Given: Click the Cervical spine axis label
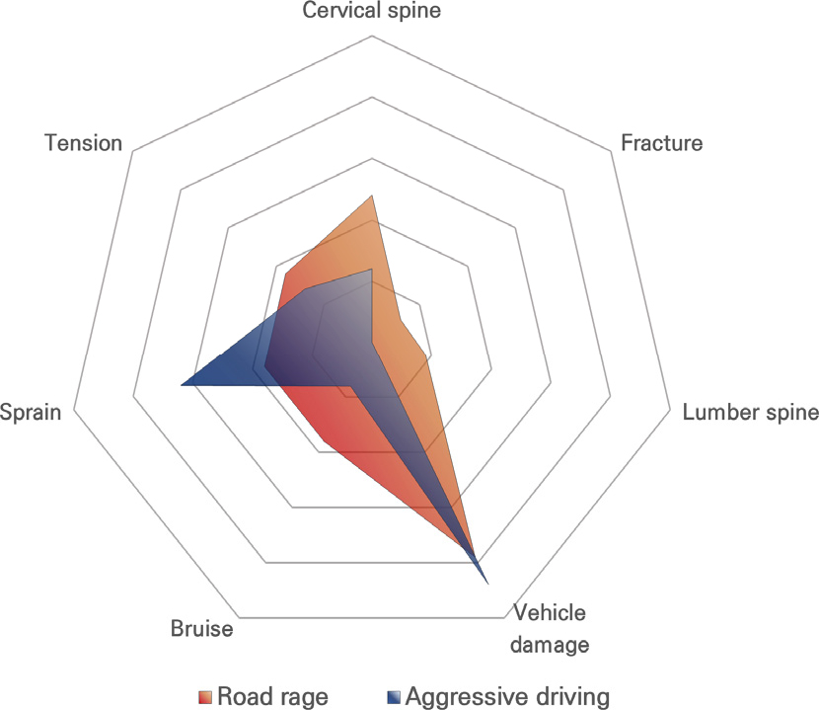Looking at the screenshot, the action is (371, 11).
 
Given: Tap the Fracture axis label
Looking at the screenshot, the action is (661, 143).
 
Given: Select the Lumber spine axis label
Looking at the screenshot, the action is (751, 412).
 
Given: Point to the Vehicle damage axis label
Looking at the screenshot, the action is (550, 628).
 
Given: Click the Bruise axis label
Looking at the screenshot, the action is (201, 628).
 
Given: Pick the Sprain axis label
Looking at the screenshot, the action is (31, 412).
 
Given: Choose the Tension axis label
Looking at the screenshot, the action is (84, 143).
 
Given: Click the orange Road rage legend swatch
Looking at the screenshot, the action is (205, 697).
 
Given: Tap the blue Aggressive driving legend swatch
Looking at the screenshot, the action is (394, 697).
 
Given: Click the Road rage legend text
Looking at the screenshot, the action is (272, 696).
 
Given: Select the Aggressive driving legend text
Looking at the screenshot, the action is (508, 696).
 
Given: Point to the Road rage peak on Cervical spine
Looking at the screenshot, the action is (371, 196).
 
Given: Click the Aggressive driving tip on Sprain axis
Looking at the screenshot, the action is (181, 385).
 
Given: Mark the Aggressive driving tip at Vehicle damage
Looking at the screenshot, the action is (487, 584).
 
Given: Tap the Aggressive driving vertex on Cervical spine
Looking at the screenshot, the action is (371, 269).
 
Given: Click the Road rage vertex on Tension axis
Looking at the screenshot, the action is (286, 274).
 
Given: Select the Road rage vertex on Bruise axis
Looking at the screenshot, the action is (325, 441).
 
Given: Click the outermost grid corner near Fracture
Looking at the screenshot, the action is (611, 152).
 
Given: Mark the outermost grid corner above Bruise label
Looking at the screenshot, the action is (239, 618).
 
